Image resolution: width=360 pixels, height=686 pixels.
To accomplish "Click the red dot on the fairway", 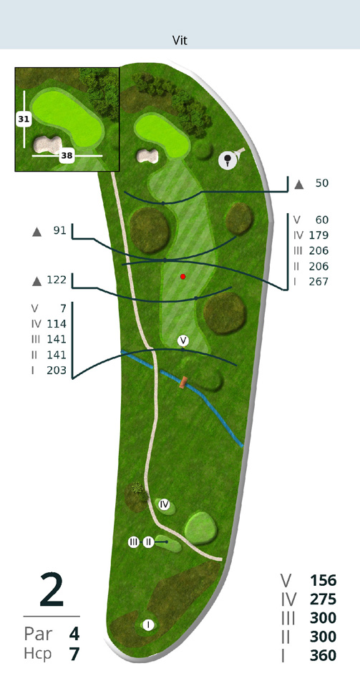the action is [183, 277].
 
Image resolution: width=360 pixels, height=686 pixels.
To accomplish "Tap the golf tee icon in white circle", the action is [228, 160].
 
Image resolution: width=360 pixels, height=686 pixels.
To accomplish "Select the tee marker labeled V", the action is [183, 340].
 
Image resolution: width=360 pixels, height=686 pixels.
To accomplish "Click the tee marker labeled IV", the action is [164, 504].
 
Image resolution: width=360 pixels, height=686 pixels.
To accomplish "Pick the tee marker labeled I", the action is [148, 624].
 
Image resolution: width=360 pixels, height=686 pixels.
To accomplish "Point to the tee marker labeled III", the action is [134, 542].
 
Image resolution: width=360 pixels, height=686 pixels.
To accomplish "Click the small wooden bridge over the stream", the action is [183, 383].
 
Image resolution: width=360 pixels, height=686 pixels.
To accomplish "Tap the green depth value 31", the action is [24, 119].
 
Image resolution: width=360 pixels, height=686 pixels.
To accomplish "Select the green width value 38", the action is [67, 155].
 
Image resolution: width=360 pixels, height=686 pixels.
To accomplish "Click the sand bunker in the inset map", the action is [47, 144].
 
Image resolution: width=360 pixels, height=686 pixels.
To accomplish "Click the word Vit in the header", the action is [180, 41].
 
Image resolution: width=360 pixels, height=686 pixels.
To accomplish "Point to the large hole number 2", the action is [52, 590].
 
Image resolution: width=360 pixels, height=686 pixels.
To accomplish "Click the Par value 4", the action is [74, 634].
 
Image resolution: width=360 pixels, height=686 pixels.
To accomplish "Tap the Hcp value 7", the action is [74, 654].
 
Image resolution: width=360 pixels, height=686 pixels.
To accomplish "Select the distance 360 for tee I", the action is [323, 655].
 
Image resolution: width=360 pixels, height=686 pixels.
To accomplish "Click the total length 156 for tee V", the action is [323, 581].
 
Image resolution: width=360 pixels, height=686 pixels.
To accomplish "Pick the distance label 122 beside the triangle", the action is [56, 280].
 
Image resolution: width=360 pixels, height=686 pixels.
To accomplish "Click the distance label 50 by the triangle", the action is [322, 183].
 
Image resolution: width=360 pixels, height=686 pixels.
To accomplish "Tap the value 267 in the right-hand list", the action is [318, 282].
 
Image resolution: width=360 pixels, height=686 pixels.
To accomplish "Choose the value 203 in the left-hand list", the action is [57, 371].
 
